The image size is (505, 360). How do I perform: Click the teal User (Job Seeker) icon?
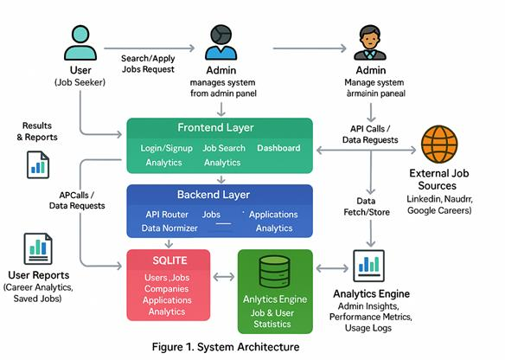[80, 42]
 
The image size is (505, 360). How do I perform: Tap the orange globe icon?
[439, 144]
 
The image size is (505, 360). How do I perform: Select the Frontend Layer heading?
[215, 127]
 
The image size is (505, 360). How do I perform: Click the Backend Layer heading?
[214, 195]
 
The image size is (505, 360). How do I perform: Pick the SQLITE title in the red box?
[169, 260]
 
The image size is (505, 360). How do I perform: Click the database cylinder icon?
[275, 272]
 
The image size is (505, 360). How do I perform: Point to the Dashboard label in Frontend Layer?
[278, 148]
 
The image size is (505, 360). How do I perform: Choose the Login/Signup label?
[167, 148]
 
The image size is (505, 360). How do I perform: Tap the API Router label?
[167, 215]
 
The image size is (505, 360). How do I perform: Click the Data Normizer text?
[169, 228]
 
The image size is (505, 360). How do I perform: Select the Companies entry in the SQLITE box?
[167, 289]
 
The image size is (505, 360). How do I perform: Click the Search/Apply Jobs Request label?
[148, 64]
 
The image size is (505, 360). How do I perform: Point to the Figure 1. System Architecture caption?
[226, 347]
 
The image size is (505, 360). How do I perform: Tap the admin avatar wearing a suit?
[370, 42]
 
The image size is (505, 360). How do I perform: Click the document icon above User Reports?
[38, 248]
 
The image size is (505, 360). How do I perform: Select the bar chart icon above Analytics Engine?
[368, 266]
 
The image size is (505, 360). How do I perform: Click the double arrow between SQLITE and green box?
[224, 277]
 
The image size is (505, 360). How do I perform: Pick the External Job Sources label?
[438, 179]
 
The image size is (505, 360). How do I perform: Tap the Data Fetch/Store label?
[367, 207]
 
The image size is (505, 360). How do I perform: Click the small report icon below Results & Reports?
[38, 164]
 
